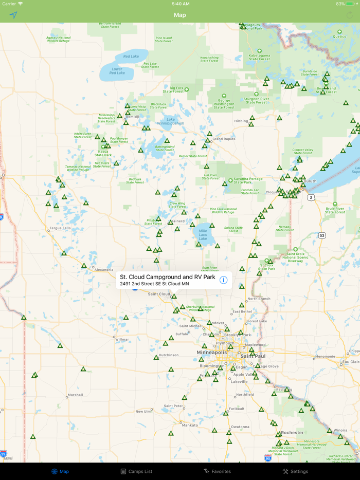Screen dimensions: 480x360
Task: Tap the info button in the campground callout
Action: point(223,280)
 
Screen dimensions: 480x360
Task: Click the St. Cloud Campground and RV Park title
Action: point(167,277)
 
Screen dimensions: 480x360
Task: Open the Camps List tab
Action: point(136,471)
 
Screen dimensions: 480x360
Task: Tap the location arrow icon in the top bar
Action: point(13,15)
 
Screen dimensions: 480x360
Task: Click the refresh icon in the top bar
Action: point(350,15)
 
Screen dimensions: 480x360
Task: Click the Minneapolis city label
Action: point(212,353)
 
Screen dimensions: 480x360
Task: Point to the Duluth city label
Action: point(310,181)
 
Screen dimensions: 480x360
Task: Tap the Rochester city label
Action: point(292,433)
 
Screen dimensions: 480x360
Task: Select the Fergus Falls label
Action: point(60,228)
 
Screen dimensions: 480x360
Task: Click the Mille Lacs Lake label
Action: point(203,235)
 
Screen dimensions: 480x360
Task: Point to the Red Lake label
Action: point(131,57)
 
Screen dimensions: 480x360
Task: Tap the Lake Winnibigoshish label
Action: point(171,121)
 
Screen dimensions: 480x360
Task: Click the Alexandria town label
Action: point(103,269)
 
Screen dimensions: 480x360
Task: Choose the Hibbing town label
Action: point(241,121)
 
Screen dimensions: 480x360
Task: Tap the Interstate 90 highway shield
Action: point(268,457)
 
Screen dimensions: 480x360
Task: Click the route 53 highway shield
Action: point(322,235)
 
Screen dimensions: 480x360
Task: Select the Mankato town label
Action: point(190,425)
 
